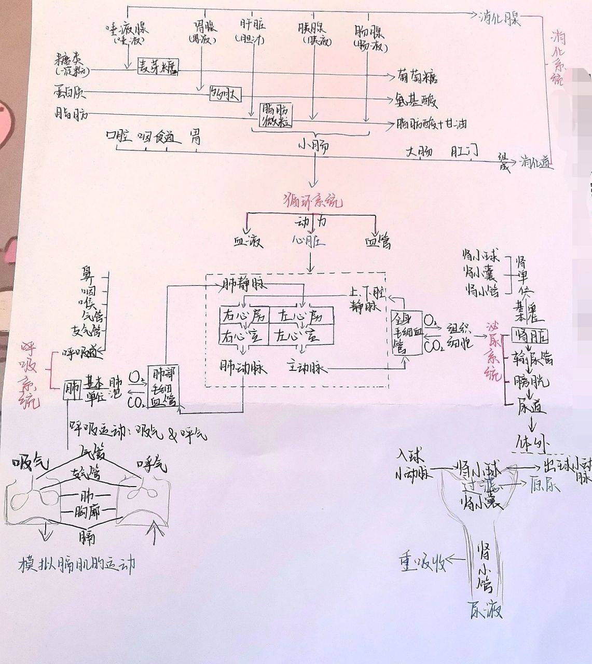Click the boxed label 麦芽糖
(x=158, y=67)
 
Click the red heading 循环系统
(x=314, y=201)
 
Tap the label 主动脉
(x=307, y=367)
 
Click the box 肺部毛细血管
(x=164, y=387)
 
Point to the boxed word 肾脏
(x=529, y=336)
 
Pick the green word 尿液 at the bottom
(x=485, y=610)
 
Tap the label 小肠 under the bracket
(x=313, y=147)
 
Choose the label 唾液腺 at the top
(x=127, y=29)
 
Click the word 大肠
(x=419, y=153)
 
